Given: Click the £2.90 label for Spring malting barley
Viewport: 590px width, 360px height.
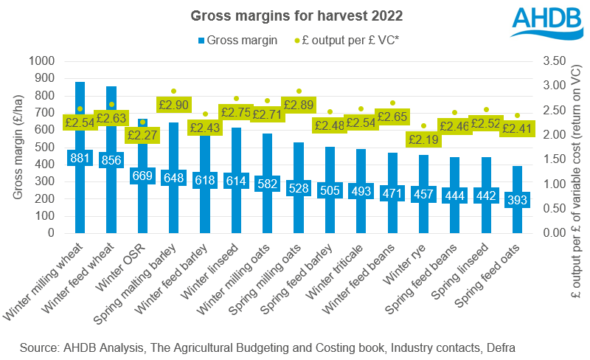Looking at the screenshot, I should [173, 105].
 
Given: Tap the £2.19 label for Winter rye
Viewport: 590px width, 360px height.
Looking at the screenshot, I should [424, 139].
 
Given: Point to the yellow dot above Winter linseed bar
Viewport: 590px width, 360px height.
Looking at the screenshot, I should [237, 98].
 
